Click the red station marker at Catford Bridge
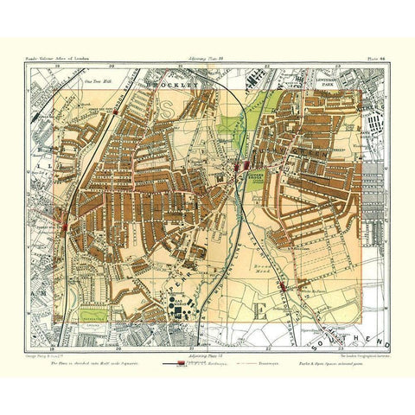[246, 164]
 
